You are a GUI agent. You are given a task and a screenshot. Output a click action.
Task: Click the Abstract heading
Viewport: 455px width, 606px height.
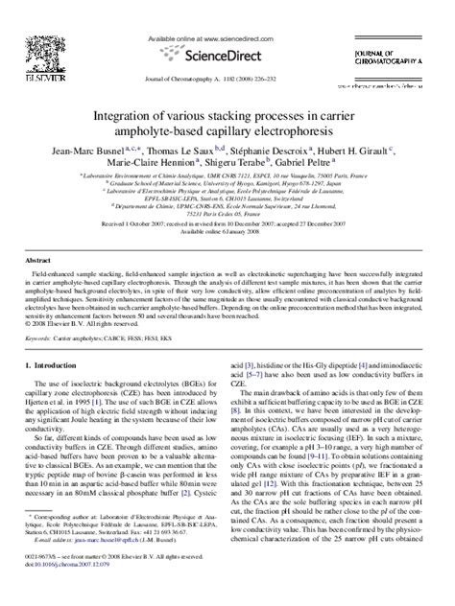point(37,260)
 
